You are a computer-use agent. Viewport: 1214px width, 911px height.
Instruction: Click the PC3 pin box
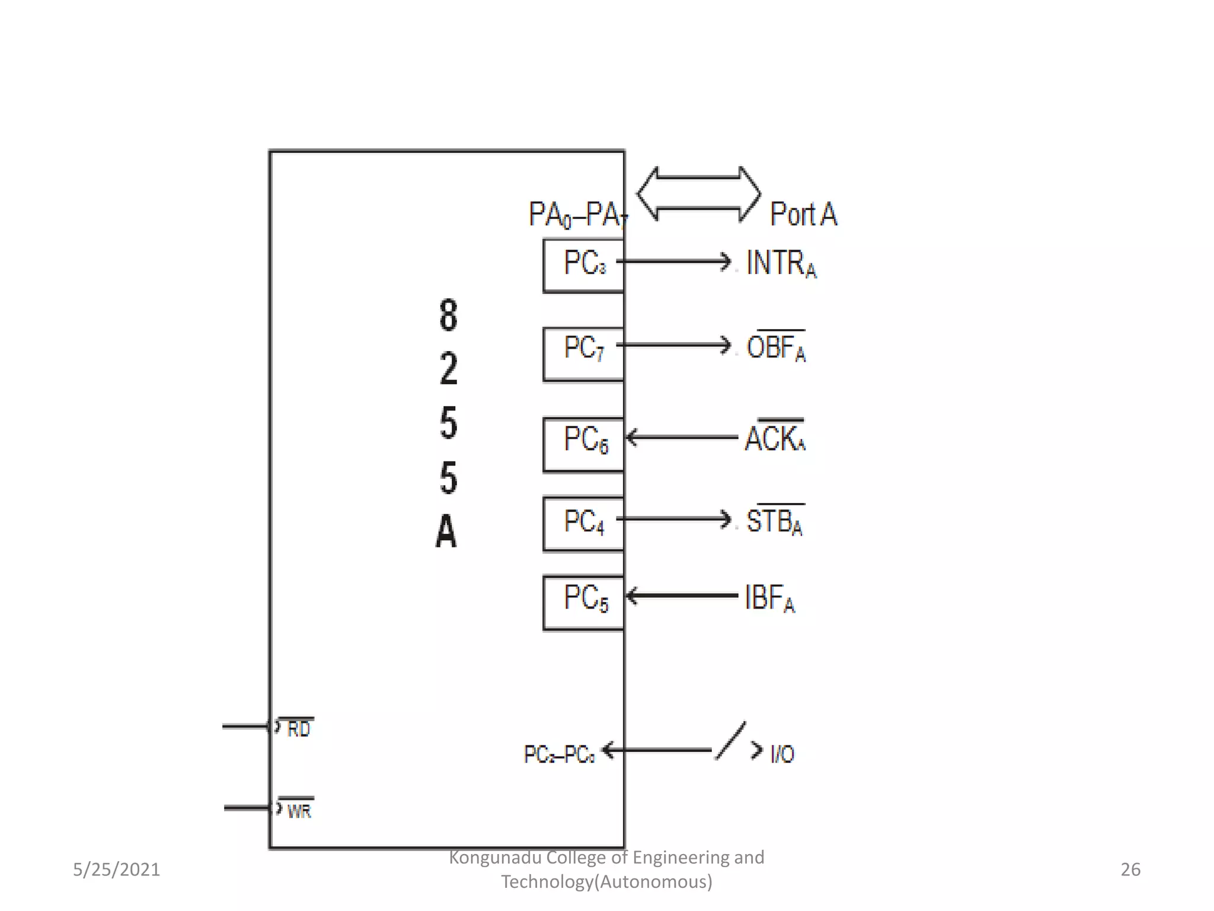pos(584,265)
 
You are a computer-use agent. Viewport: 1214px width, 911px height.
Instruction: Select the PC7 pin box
pos(584,353)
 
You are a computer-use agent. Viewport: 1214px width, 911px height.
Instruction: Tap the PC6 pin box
pos(584,444)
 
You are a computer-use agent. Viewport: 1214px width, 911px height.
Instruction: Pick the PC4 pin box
pos(584,524)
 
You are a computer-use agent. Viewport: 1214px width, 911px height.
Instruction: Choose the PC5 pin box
pos(584,602)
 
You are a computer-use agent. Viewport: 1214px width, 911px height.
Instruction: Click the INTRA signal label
pos(781,263)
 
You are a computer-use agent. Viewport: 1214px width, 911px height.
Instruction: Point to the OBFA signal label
pos(776,347)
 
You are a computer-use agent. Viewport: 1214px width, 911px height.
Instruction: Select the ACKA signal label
pos(775,438)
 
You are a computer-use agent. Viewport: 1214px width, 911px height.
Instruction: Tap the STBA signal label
pos(775,521)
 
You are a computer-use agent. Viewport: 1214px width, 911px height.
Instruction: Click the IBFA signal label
pos(769,597)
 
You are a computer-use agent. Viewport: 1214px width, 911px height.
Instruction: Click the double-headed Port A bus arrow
pos(698,194)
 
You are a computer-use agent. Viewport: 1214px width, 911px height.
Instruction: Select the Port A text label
pos(803,214)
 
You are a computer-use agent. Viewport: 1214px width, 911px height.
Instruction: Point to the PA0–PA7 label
pos(577,215)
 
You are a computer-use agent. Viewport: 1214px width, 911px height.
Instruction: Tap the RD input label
pos(298,728)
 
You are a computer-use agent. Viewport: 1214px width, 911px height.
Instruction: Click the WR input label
pos(299,810)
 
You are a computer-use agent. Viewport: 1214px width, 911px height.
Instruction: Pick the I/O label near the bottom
pos(782,754)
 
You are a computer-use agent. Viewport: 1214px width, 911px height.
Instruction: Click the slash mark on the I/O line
pos(730,741)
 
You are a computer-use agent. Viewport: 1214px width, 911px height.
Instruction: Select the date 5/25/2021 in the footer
pos(116,869)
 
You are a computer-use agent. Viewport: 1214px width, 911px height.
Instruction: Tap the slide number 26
pos(1130,869)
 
